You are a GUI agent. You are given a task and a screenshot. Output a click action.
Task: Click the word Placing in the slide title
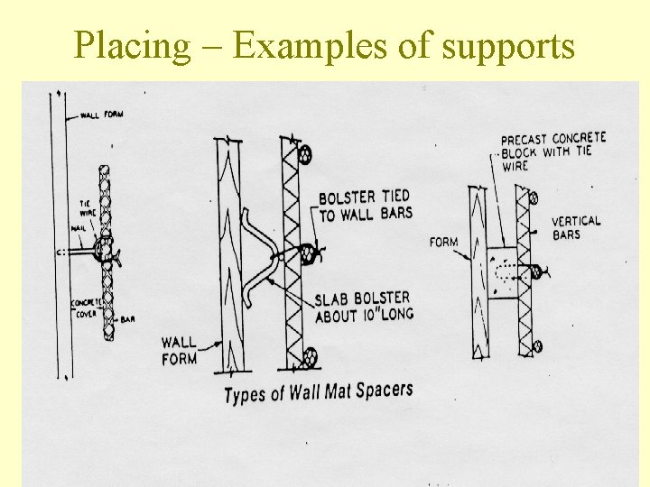click(133, 46)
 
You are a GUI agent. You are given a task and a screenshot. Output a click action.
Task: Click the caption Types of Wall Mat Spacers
click(318, 393)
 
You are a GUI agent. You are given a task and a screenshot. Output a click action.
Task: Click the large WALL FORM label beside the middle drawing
click(180, 350)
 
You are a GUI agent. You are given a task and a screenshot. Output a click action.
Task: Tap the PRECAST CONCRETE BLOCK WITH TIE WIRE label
click(552, 152)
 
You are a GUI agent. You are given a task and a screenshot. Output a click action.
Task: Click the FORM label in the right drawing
click(443, 242)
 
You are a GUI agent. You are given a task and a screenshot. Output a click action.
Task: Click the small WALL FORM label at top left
click(101, 115)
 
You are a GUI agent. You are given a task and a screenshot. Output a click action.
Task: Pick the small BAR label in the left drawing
click(127, 319)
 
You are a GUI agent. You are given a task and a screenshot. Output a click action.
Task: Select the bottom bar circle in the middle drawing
click(309, 357)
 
